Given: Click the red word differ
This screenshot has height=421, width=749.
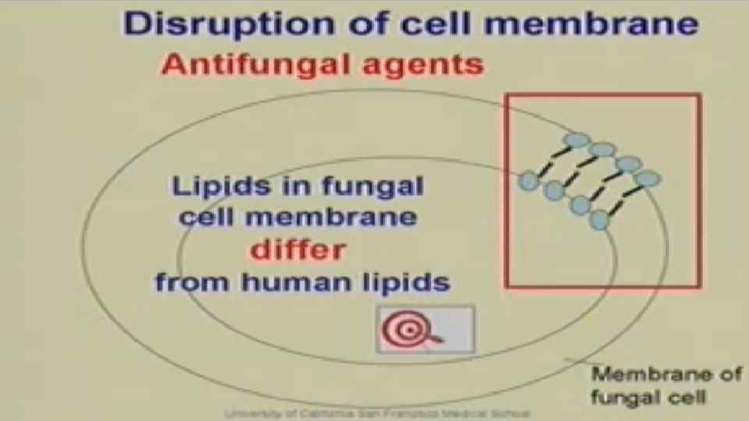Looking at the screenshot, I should (297, 250).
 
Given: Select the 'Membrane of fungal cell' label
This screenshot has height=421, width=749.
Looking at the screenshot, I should (666, 384).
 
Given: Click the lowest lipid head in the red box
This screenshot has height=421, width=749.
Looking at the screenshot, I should (599, 221).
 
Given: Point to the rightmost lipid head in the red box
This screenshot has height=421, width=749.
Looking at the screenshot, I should (648, 179).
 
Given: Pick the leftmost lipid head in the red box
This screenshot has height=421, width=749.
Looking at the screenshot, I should (529, 181).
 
